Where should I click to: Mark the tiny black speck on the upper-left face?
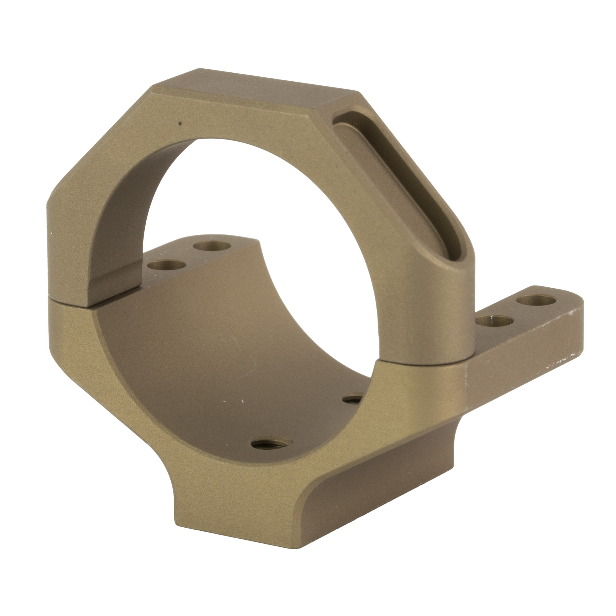pyautogui.click(x=180, y=122)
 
